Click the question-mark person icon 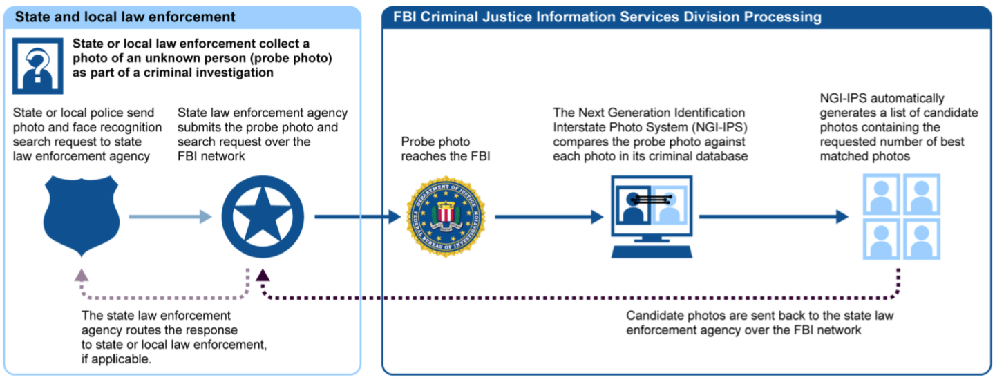(x=38, y=66)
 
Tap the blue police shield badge (x=82, y=216)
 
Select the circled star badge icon (x=263, y=217)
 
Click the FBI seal (x=446, y=217)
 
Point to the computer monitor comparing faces (x=652, y=216)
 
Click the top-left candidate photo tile (x=881, y=194)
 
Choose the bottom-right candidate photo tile (x=922, y=238)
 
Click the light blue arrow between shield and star (x=171, y=217)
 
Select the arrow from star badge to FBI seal (x=358, y=217)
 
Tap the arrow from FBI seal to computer (x=549, y=217)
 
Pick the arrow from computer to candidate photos (x=774, y=217)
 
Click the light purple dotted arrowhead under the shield (x=82, y=275)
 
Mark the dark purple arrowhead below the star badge (x=263, y=275)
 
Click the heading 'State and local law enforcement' (x=125, y=17)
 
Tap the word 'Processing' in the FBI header (x=783, y=17)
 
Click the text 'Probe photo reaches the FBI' (x=446, y=149)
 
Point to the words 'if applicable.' (x=116, y=359)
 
